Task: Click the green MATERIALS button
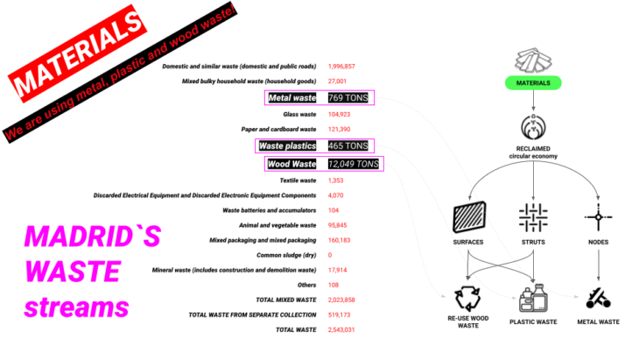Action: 534,83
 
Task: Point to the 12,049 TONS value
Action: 354,164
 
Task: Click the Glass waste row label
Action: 298,115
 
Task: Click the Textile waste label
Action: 298,180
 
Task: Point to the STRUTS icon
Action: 533,215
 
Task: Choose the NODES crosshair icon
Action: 597,215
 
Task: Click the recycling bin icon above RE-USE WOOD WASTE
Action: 467,297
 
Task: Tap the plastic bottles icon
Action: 533,299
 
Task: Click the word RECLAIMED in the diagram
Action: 534,149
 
